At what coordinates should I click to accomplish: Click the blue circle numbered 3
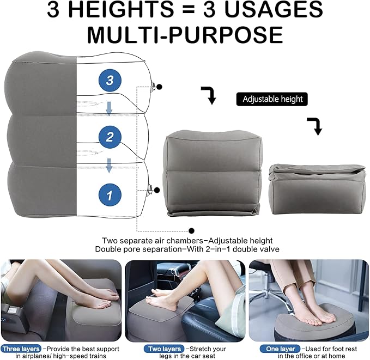(x=110, y=80)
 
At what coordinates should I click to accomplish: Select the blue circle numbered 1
(x=110, y=195)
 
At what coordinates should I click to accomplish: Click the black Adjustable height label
(x=272, y=99)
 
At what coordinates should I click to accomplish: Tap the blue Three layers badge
(x=21, y=349)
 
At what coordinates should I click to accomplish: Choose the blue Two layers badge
(x=164, y=349)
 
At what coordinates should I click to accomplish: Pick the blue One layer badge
(x=280, y=349)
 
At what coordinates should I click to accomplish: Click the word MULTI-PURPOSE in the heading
(x=185, y=35)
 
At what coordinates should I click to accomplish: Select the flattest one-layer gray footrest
(x=317, y=189)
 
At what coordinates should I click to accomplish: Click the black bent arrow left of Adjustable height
(x=209, y=94)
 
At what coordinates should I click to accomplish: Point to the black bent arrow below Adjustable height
(x=315, y=125)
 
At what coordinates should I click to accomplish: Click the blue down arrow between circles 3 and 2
(x=109, y=108)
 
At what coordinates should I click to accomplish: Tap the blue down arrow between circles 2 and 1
(x=109, y=166)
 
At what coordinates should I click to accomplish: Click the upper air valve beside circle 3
(x=153, y=86)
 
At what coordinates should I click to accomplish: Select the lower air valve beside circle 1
(x=150, y=190)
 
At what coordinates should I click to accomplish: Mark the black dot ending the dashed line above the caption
(x=192, y=231)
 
